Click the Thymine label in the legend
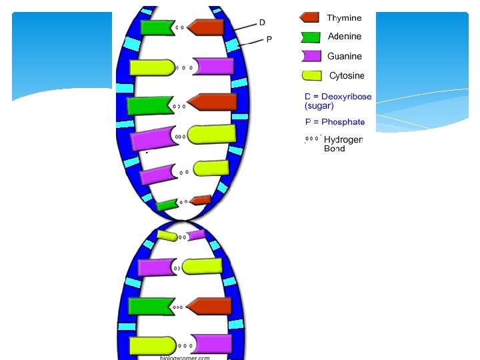(344, 18)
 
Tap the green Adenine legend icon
(310, 37)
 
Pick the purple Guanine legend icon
(311, 56)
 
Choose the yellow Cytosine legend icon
(311, 75)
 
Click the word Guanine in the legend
(345, 57)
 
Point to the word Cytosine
(347, 76)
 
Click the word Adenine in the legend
(345, 37)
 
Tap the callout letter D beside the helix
(262, 23)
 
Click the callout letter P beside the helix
(269, 39)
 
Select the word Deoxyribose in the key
(346, 97)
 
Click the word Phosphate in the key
(343, 122)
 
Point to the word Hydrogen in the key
(343, 139)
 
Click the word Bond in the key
(335, 149)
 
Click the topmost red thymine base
(206, 27)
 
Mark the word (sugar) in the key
(319, 105)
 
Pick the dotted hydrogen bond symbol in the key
(312, 139)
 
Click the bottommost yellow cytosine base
(153, 345)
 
